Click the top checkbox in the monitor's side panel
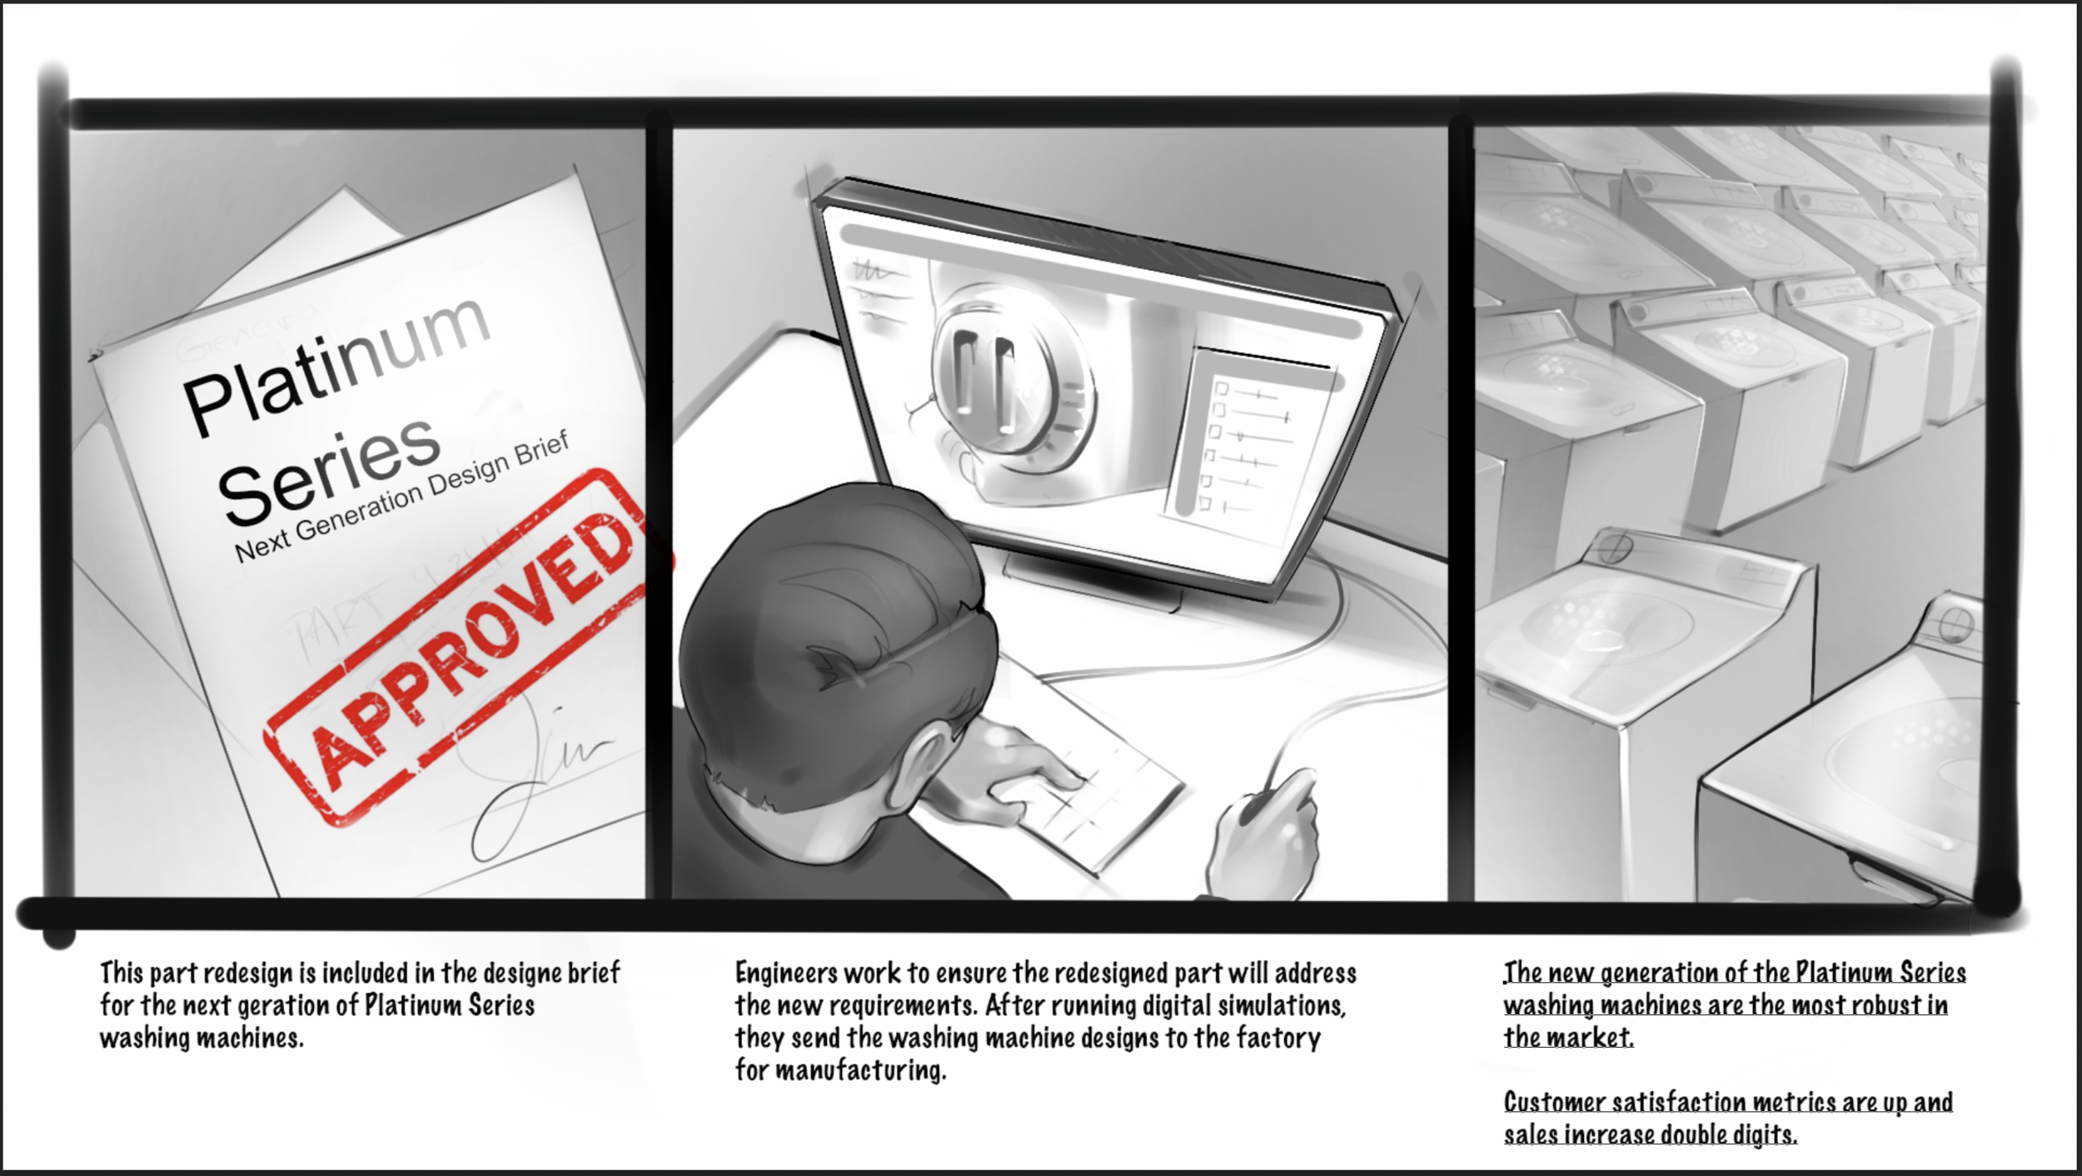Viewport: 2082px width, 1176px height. (x=1222, y=389)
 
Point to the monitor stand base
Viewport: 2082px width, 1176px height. (x=1091, y=583)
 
